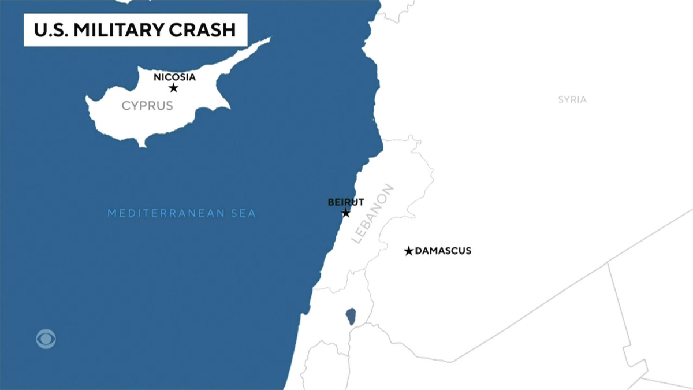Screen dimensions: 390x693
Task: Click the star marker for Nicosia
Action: [x=173, y=88]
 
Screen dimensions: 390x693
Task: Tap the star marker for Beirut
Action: [x=346, y=213]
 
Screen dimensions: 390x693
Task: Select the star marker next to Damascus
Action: [x=409, y=251]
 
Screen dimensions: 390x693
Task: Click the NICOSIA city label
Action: [x=175, y=77]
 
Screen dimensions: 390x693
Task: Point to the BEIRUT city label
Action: [x=345, y=202]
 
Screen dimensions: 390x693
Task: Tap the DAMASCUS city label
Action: [x=444, y=251]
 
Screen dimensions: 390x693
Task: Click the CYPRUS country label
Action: [x=147, y=106]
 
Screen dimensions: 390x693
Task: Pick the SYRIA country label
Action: [x=572, y=99]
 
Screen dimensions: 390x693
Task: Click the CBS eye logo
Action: [x=46, y=338]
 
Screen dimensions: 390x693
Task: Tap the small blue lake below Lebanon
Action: [x=351, y=316]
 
